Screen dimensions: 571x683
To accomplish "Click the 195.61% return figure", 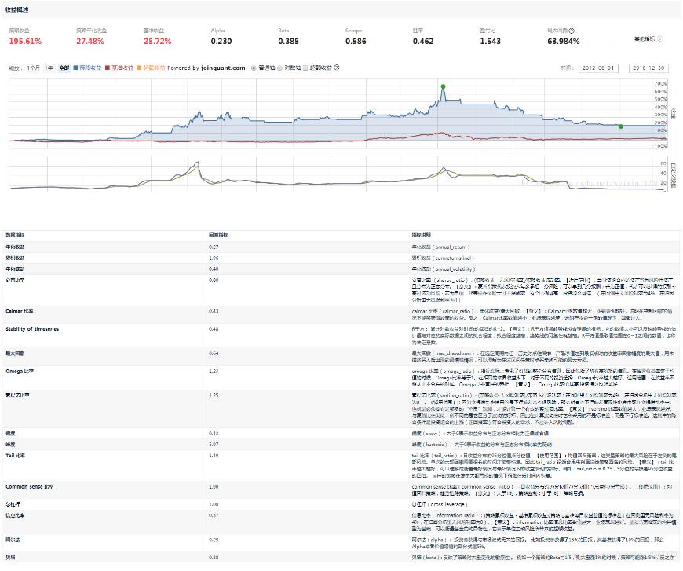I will tap(26, 41).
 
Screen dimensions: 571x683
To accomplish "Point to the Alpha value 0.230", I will tap(221, 41).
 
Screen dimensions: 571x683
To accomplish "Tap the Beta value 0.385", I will tap(288, 41).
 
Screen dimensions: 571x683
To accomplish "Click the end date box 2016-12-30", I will tap(648, 68).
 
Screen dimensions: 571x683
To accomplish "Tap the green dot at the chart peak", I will tap(443, 86).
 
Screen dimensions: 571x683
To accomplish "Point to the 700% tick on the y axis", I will tap(660, 82).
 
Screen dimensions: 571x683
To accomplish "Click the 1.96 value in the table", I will tap(213, 257).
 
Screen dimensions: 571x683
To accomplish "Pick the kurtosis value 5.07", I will tap(213, 444).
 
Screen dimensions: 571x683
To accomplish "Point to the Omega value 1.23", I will tap(213, 370).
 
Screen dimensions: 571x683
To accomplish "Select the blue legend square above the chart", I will tap(75, 68).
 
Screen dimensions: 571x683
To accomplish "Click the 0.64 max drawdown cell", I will tap(213, 353).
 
